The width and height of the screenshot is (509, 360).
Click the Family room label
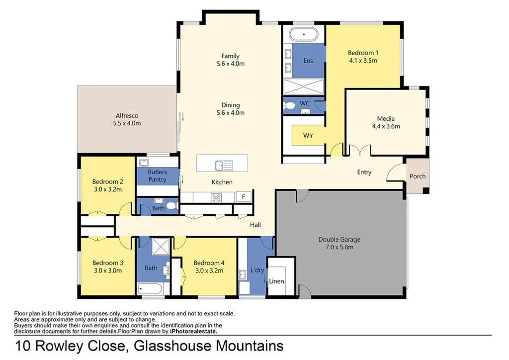coord(231,56)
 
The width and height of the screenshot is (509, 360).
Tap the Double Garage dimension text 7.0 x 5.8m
coord(339,247)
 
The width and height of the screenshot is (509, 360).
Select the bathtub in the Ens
coord(304,35)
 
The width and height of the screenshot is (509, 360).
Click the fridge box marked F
coord(244,197)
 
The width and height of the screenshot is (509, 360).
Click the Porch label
coord(418,177)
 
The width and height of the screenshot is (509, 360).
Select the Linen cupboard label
coord(277,281)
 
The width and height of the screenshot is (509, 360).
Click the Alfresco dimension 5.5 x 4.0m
coord(127,123)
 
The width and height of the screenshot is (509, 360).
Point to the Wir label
coord(308,135)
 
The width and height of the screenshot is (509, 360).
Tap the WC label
coord(305,103)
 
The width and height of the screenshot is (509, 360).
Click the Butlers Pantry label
coord(157,176)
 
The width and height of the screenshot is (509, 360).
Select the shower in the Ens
coord(303,87)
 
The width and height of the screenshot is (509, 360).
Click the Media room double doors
coord(358,150)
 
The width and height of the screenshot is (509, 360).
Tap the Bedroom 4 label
coord(209,263)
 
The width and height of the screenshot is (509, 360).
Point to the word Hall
coord(255,225)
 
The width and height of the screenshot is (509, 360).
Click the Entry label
coord(364,173)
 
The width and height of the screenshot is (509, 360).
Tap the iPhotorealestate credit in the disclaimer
coord(193,331)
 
